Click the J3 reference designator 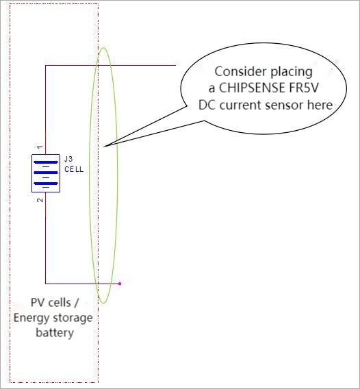pos(68,159)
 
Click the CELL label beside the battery pos(74,169)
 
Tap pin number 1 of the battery pos(40,147)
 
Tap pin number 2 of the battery pos(40,200)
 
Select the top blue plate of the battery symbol pos(46,162)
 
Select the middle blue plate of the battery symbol pos(46,173)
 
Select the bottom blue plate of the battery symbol pos(46,184)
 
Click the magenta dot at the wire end pos(120,284)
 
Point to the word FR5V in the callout pos(303,88)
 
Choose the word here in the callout pos(320,105)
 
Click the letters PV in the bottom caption pos(36,303)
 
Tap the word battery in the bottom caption pos(55,333)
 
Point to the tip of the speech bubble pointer pos(103,147)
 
